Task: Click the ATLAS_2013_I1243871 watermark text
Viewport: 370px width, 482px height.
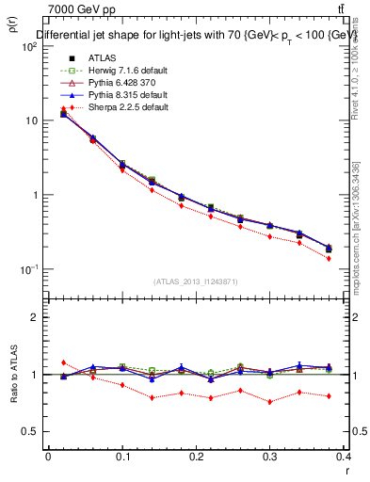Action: pos(196,281)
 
